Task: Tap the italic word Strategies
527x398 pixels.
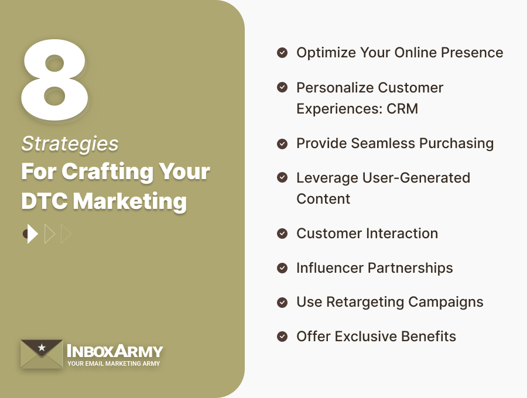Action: (x=70, y=143)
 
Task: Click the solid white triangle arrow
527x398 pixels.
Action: (x=32, y=234)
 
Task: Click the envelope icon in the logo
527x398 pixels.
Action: (x=41, y=354)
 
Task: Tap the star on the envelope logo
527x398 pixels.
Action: (x=41, y=348)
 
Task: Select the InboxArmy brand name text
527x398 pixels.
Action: (x=115, y=351)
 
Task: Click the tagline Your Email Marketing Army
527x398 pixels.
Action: (x=114, y=363)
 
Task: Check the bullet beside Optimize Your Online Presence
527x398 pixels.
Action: (x=282, y=53)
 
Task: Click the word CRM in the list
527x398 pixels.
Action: (x=402, y=109)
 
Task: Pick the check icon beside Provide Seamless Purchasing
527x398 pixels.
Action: (x=282, y=143)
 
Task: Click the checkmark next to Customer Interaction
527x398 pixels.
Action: (x=282, y=234)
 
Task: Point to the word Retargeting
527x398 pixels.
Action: (x=374, y=302)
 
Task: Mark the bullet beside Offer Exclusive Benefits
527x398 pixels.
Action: (x=282, y=337)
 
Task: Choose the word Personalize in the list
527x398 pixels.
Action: (x=332, y=88)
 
